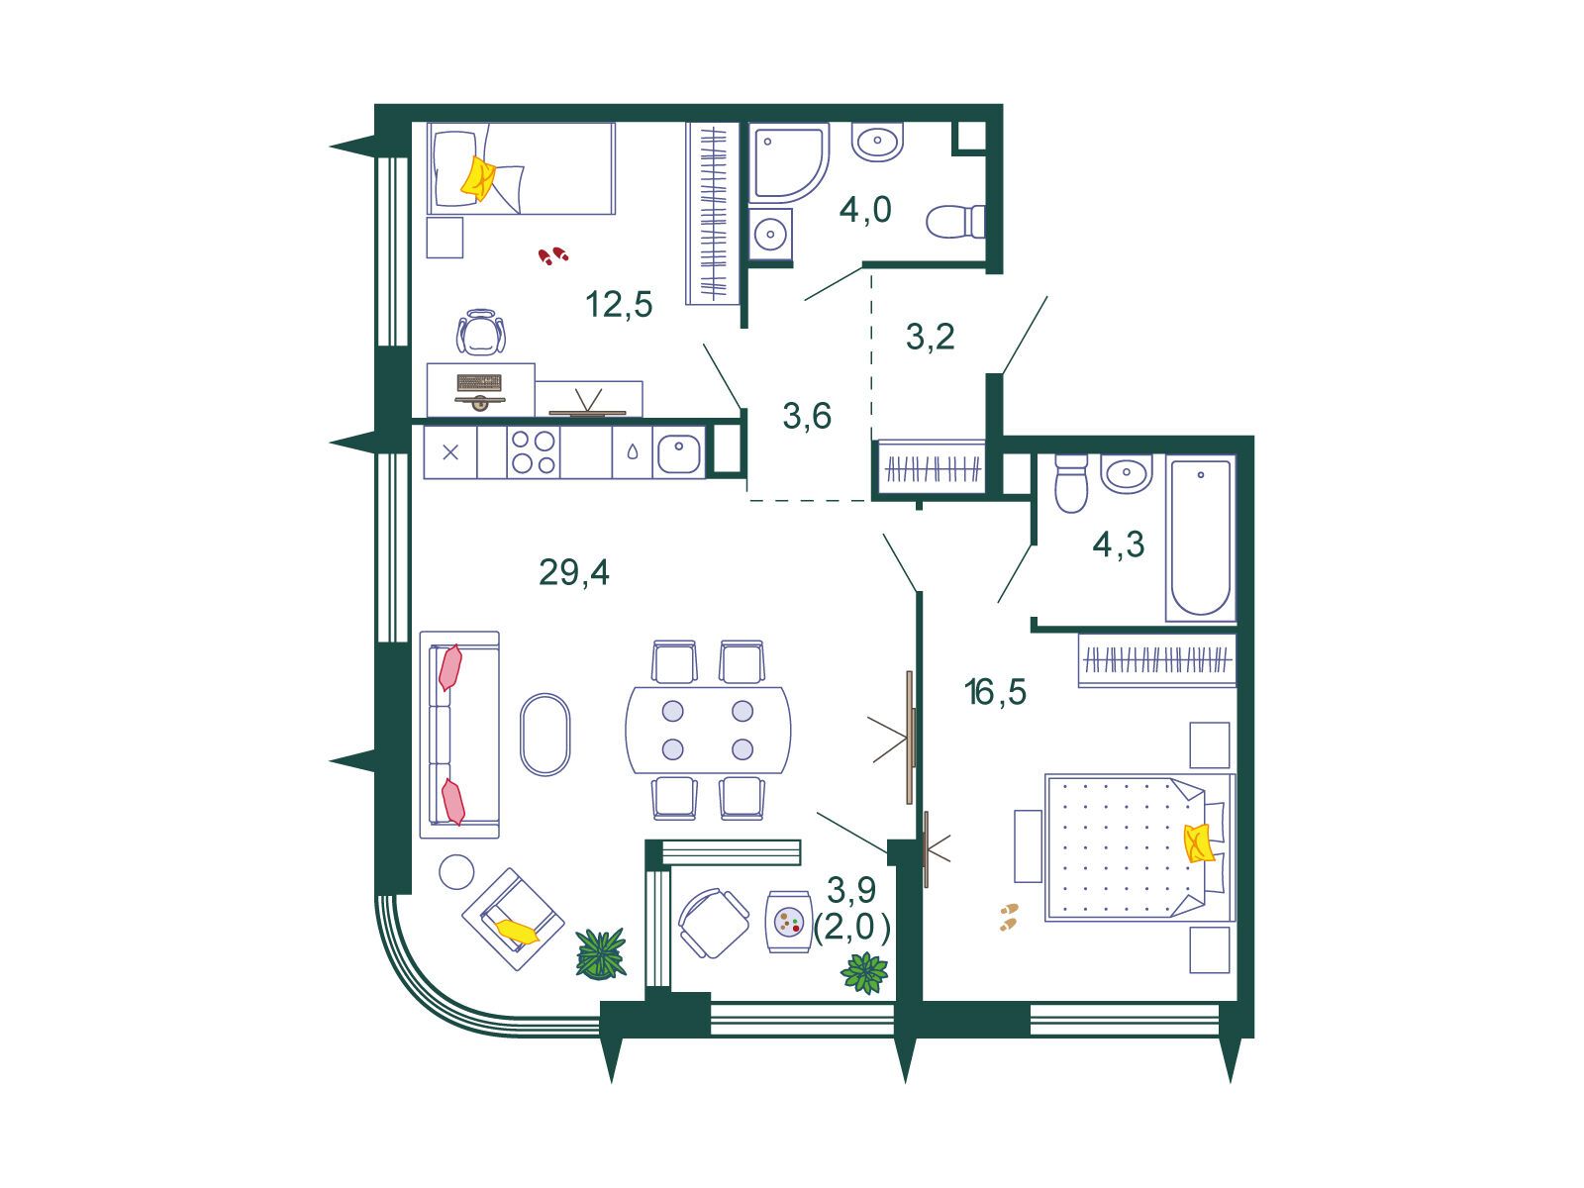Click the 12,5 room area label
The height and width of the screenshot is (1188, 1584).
click(x=619, y=304)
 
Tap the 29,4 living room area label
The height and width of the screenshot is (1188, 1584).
click(x=573, y=573)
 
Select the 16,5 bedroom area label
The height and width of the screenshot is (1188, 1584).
click(x=995, y=692)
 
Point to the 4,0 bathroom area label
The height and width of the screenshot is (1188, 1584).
click(x=865, y=210)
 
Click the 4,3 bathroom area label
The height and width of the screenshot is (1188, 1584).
click(x=1118, y=544)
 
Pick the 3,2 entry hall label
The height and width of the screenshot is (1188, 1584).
click(x=931, y=337)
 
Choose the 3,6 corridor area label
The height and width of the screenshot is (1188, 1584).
click(x=807, y=416)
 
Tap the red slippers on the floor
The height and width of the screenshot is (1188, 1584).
click(x=552, y=255)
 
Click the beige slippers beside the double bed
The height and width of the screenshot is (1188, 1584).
click(x=1009, y=917)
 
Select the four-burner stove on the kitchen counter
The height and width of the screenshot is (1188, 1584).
click(x=534, y=452)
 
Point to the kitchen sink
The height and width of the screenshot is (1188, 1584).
click(x=678, y=453)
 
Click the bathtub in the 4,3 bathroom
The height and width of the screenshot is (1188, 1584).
click(x=1200, y=538)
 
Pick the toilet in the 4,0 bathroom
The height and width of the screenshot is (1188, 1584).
click(x=955, y=222)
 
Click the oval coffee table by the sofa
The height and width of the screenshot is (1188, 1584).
click(x=544, y=735)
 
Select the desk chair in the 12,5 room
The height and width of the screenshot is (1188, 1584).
click(x=480, y=332)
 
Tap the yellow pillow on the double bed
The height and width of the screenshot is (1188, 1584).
click(x=1197, y=843)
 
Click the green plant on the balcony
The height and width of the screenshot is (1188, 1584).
click(x=864, y=972)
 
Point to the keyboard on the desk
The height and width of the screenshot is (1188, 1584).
click(x=479, y=381)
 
